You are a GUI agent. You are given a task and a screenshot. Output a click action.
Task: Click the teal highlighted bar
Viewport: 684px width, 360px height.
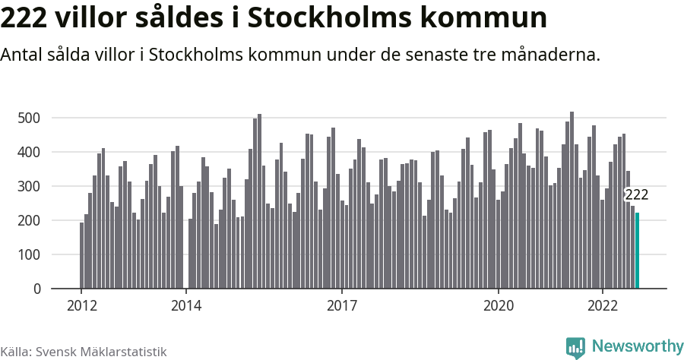click(x=638, y=251)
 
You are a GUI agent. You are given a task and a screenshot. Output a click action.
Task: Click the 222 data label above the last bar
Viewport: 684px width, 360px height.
click(x=636, y=196)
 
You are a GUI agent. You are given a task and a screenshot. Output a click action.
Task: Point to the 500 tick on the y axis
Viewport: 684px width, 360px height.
click(x=29, y=118)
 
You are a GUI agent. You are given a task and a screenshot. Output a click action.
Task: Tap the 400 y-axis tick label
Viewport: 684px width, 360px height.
click(x=29, y=153)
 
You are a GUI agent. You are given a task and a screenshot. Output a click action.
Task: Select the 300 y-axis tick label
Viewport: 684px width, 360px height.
click(x=29, y=187)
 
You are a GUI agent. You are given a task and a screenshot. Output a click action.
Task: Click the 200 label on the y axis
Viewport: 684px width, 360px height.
click(x=29, y=221)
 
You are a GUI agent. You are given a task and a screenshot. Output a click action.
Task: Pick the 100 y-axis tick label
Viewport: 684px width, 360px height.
click(x=29, y=255)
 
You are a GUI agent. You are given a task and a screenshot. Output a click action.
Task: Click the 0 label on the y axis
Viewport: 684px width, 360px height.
click(x=36, y=289)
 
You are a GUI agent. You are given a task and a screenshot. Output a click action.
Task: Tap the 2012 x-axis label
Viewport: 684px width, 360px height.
click(x=81, y=307)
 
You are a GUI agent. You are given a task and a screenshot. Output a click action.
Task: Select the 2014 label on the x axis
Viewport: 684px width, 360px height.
click(x=185, y=307)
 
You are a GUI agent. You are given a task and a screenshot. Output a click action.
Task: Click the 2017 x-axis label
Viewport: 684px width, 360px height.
click(x=342, y=307)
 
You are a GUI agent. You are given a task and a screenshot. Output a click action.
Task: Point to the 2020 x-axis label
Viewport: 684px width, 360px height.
click(x=499, y=307)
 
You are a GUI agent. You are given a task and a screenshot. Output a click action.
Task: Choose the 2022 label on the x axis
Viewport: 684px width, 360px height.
click(x=603, y=307)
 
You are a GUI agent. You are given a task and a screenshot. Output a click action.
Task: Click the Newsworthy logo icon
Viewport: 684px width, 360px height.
click(x=575, y=347)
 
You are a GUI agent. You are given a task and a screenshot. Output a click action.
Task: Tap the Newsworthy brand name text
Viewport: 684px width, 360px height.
click(x=637, y=346)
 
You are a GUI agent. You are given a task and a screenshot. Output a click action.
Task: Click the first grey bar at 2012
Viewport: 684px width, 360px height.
click(x=82, y=255)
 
